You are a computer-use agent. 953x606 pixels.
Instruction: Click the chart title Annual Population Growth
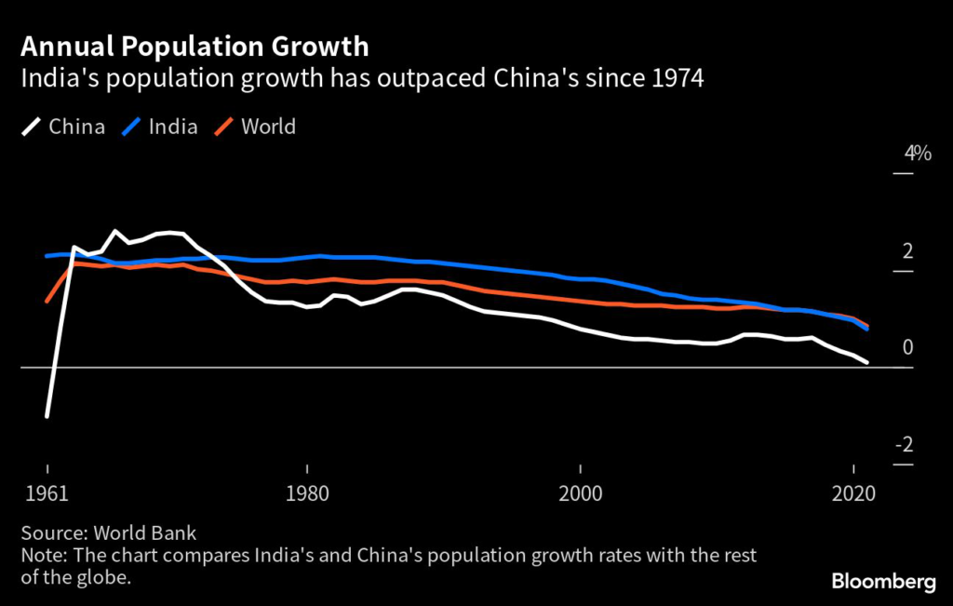(x=195, y=46)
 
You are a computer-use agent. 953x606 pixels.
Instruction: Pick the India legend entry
(x=173, y=127)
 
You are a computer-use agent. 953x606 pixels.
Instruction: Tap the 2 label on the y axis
(x=907, y=251)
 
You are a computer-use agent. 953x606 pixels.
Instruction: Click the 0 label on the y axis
(x=907, y=348)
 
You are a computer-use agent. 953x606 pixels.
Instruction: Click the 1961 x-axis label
(x=47, y=494)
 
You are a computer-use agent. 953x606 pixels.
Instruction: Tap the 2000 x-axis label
(x=580, y=494)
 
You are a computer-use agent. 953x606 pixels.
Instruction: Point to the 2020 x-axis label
(x=853, y=494)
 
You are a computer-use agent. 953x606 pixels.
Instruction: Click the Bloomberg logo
(x=883, y=582)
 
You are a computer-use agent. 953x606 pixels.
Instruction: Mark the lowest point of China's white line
(x=47, y=416)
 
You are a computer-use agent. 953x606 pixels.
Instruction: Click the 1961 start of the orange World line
(x=47, y=302)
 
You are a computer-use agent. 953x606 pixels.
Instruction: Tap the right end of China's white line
(x=867, y=362)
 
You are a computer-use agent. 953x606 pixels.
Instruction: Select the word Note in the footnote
(x=41, y=556)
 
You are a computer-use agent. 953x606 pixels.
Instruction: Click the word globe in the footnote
(x=102, y=578)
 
